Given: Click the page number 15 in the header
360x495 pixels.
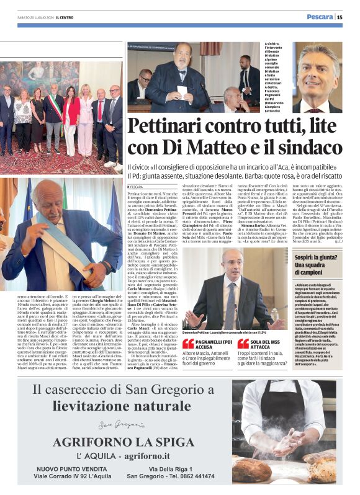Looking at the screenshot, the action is pyautogui.click(x=340, y=17).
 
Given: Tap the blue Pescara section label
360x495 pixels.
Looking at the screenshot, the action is pyautogui.click(x=320, y=17).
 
